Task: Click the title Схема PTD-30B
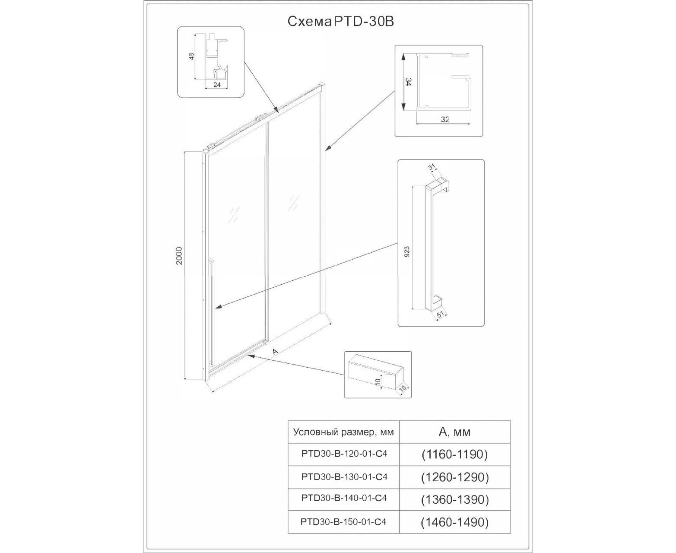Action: pos(340,22)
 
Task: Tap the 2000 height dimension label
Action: pos(180,255)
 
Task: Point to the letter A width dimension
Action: pos(275,352)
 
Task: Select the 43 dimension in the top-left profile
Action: pos(192,56)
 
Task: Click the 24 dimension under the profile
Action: pos(217,85)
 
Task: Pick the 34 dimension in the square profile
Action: pos(406,82)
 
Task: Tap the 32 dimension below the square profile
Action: pos(445,120)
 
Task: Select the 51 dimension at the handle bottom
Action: pos(441,315)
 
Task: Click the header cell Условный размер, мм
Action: pos(343,432)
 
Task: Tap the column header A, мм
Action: pos(454,432)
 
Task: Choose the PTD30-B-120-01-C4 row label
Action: pos(344,454)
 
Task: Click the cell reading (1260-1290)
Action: pos(454,477)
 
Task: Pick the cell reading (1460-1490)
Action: pos(454,522)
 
